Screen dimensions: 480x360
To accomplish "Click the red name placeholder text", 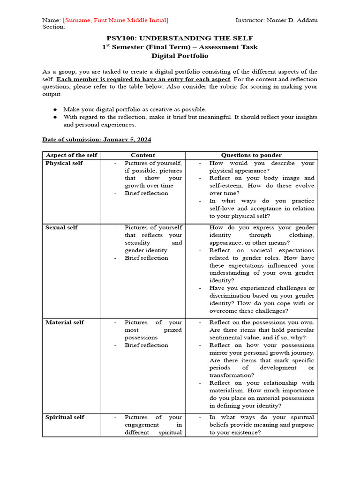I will pos(115,20).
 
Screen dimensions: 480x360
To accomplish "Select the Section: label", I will pos(53,27).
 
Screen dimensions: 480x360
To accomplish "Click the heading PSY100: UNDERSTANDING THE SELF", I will pos(180,38).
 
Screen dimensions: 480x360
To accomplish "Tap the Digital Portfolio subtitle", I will pos(180,55).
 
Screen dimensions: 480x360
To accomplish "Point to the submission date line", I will pos(97,139).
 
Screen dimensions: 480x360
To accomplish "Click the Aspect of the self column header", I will pos(71,155).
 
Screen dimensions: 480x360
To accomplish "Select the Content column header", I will pos(143,155).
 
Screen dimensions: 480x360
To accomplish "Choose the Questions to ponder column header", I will pos(251,155).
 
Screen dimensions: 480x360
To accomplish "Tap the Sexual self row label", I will pos(61,227).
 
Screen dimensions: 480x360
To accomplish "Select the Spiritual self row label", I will pos(65,417).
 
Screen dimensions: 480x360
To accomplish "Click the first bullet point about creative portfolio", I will pos(135,109).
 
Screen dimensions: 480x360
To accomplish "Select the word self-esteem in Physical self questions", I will pos(225,186).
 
